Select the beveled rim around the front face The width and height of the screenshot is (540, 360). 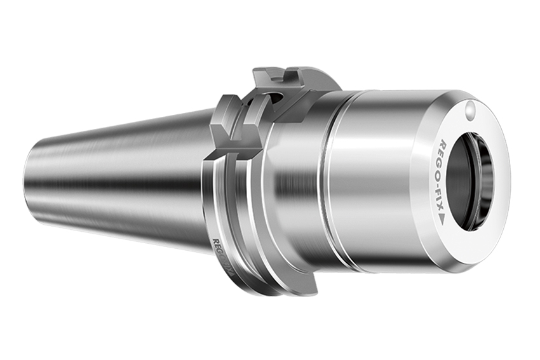click(502, 210)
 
